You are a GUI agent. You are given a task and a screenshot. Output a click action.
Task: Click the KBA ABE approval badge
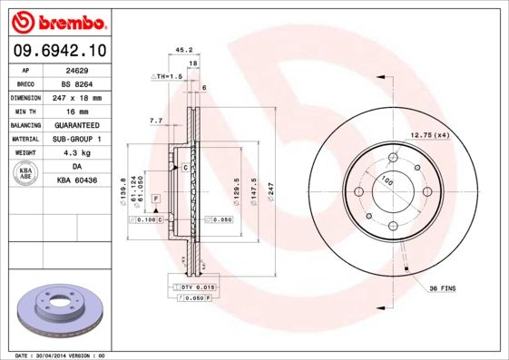(26, 174)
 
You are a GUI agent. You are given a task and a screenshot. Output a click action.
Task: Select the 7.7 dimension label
(155, 120)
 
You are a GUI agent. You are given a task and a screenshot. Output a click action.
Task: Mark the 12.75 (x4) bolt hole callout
(430, 135)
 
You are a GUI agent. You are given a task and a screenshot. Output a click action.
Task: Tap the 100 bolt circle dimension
(388, 181)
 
